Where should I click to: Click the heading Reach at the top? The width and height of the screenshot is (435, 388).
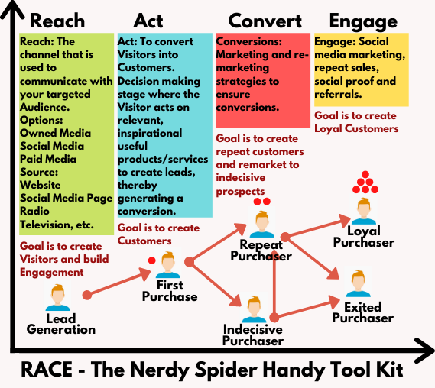57,21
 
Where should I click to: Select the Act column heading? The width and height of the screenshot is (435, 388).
148,21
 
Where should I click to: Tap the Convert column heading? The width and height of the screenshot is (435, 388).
265,21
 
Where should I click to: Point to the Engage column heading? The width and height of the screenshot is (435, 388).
363,22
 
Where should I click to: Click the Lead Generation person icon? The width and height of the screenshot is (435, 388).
57,297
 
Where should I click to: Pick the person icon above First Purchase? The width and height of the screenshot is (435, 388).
168,264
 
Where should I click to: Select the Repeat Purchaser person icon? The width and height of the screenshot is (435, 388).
262,224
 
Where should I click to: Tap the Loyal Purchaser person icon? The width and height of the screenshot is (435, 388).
364,211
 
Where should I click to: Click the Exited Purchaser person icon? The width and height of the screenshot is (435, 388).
358,283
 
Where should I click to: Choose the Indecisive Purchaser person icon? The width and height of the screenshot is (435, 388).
254,309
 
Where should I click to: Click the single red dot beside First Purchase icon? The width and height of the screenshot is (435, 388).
151,260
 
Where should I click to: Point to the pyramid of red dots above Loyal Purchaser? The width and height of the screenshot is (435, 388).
365,182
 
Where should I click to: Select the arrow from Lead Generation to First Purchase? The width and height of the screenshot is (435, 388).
117,282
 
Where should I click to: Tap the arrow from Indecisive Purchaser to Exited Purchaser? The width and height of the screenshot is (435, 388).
304,309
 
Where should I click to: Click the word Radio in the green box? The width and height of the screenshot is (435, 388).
34,211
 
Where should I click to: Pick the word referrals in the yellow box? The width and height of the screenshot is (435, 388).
338,94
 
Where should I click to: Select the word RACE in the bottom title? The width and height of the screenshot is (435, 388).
47,369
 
